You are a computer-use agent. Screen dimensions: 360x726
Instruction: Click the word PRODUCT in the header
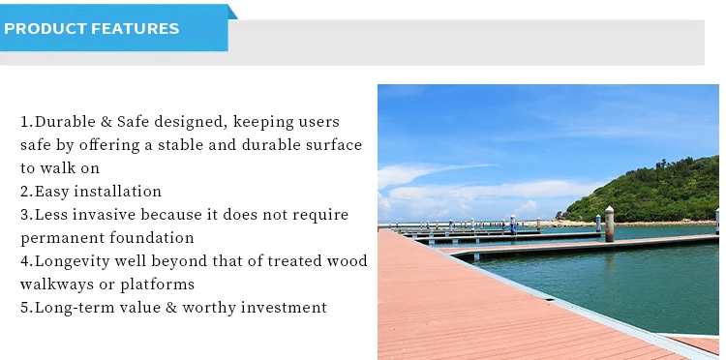pyautogui.click(x=45, y=29)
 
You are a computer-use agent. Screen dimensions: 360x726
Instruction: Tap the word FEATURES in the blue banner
pyautogui.click(x=136, y=29)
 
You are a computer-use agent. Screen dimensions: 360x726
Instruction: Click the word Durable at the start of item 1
pyautogui.click(x=68, y=122)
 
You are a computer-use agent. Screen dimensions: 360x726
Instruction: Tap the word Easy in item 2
pyautogui.click(x=52, y=192)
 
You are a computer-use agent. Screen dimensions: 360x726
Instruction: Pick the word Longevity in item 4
pyautogui.click(x=76, y=261)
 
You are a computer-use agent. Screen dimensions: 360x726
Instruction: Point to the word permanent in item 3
pyautogui.click(x=58, y=238)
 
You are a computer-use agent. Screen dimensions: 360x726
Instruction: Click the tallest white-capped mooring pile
pyautogui.click(x=609, y=223)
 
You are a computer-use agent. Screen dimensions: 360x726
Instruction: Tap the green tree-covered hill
pyautogui.click(x=658, y=189)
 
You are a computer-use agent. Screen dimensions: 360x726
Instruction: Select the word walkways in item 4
pyautogui.click(x=55, y=285)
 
